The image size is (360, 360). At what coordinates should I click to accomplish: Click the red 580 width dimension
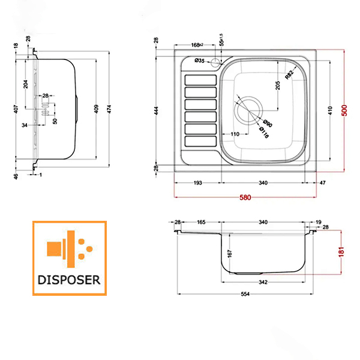point(245,197)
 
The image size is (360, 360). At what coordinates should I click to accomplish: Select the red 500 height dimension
point(344,110)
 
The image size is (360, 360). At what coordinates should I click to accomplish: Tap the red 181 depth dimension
point(341,252)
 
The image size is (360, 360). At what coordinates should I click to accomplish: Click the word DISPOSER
point(69,280)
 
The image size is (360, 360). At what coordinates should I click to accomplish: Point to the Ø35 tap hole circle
point(215,62)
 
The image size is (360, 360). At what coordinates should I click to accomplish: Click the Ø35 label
point(199,61)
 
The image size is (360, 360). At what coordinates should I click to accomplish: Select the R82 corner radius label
point(289,75)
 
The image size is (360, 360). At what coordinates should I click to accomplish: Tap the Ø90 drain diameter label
point(268,123)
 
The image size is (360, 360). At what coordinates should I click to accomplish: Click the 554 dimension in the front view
point(245,294)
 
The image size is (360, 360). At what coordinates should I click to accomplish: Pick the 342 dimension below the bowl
point(263,282)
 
